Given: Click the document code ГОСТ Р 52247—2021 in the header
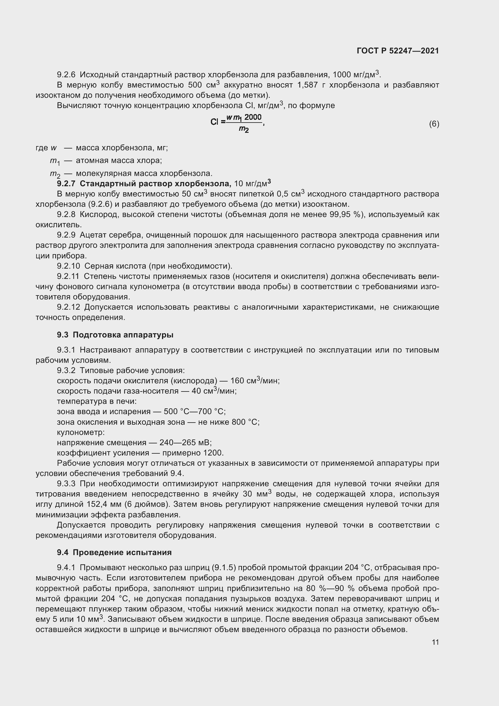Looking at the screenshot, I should [398, 51].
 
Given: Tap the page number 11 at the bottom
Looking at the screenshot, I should [435, 642].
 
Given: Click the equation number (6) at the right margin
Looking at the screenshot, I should [434, 124].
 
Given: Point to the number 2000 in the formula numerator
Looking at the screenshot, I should [253, 117].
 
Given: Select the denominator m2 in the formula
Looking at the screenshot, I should [244, 129].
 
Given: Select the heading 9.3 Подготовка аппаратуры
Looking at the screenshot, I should [115, 335].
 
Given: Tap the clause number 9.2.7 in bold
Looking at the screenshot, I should [66, 184].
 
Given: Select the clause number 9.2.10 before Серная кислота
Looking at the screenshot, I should [68, 266].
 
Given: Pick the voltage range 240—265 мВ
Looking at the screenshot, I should [186, 442].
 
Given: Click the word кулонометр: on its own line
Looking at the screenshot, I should [81, 432].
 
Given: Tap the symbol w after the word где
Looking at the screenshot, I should [54, 148].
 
